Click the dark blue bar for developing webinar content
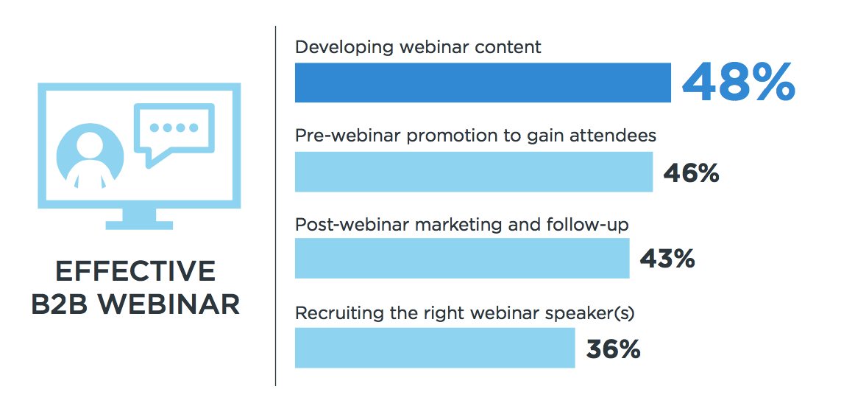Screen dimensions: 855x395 coord(483,83)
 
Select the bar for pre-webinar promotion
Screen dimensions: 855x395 coord(474,172)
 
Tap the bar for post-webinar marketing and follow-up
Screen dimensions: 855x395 coord(462,259)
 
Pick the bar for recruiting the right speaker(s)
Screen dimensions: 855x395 coord(435,348)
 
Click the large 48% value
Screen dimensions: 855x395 coord(738,82)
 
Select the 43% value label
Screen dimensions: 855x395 coord(667,259)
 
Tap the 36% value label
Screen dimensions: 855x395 coord(613,349)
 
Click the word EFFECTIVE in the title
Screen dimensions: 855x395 coord(136,272)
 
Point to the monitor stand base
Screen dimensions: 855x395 coord(139,225)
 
